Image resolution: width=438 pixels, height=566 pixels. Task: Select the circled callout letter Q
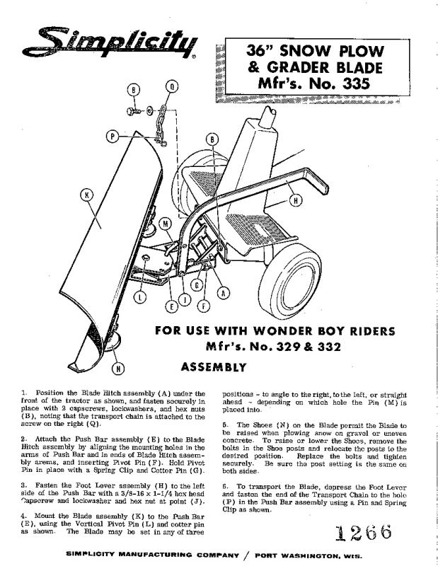(x=171, y=87)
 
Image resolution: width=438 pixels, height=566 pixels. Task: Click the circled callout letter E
(x=170, y=306)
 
